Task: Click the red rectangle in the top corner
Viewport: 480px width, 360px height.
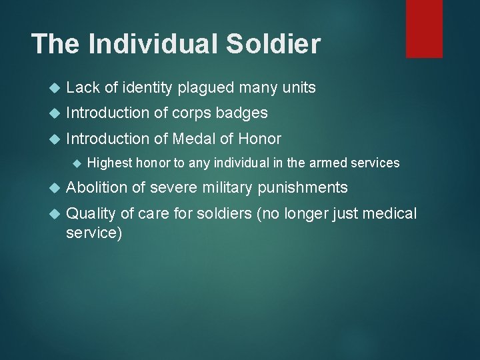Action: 425,28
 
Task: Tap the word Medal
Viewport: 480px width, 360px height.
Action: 193,139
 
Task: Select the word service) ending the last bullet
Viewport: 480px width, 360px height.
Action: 94,233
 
